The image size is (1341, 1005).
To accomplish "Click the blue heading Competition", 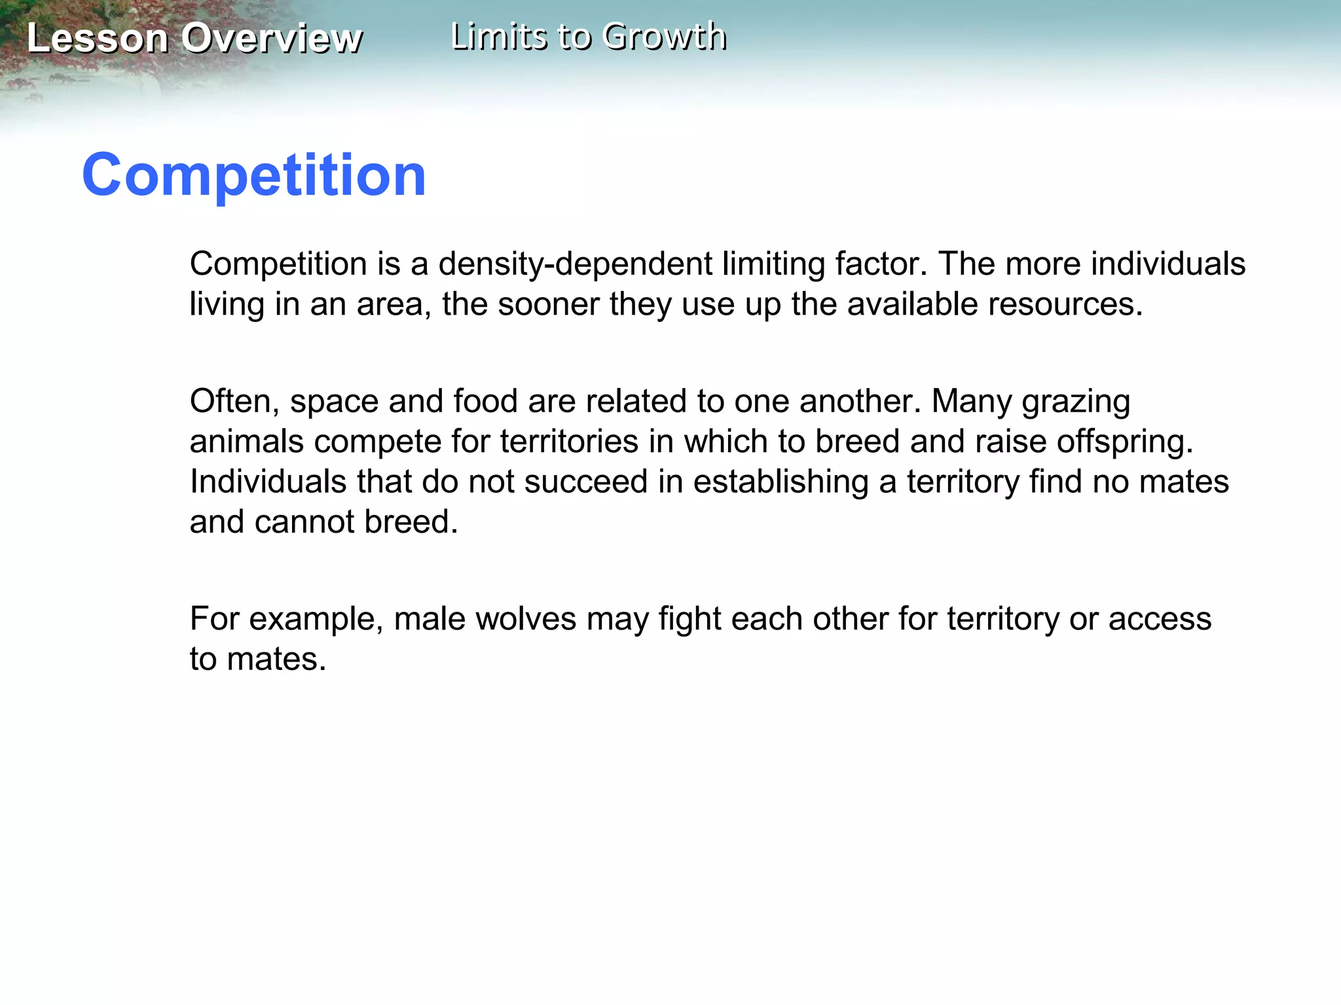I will (x=254, y=175).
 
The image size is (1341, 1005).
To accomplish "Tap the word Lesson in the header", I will (x=98, y=38).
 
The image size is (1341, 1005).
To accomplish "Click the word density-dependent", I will (x=575, y=264).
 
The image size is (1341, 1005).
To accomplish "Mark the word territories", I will (x=569, y=442).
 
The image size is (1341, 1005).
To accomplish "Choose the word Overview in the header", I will (x=271, y=38).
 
